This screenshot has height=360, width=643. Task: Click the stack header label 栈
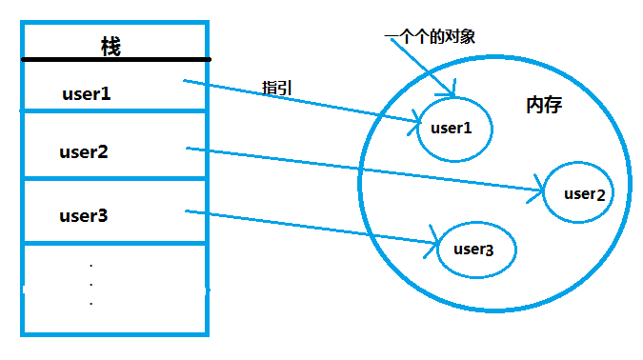tap(111, 46)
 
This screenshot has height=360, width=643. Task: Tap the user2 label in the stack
tap(84, 151)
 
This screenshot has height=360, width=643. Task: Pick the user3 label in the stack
tap(84, 215)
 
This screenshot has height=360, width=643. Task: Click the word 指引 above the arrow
tap(276, 88)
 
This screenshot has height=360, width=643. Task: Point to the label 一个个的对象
tap(429, 36)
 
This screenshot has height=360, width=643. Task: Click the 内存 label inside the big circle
tap(544, 105)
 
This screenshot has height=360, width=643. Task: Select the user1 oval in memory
tap(455, 128)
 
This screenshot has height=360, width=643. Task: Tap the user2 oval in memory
tap(576, 194)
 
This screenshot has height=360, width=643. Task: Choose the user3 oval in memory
tap(475, 250)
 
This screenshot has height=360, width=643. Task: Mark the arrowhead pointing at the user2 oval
tap(541, 192)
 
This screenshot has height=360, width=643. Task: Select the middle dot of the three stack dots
tap(90, 283)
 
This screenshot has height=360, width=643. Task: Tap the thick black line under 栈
tap(114, 61)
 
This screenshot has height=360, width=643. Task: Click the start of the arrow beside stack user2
tap(188, 148)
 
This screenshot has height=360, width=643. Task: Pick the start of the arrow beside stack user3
tap(186, 210)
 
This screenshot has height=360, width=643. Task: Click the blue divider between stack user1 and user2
tap(114, 111)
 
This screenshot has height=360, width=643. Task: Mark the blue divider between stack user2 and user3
tap(114, 178)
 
